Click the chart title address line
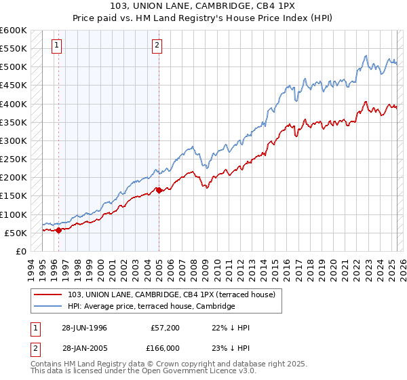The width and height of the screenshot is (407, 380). [203, 6]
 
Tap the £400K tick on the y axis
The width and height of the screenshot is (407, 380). [13, 104]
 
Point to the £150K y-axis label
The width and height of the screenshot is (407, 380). [13, 196]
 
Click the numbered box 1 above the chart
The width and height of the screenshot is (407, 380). [56, 45]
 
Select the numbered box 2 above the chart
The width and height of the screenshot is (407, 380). [157, 45]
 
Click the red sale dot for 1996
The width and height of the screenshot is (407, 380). [58, 230]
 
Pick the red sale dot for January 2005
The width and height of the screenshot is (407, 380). [159, 190]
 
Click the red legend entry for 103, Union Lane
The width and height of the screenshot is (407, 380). [171, 294]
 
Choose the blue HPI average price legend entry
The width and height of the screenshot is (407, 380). [151, 307]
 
